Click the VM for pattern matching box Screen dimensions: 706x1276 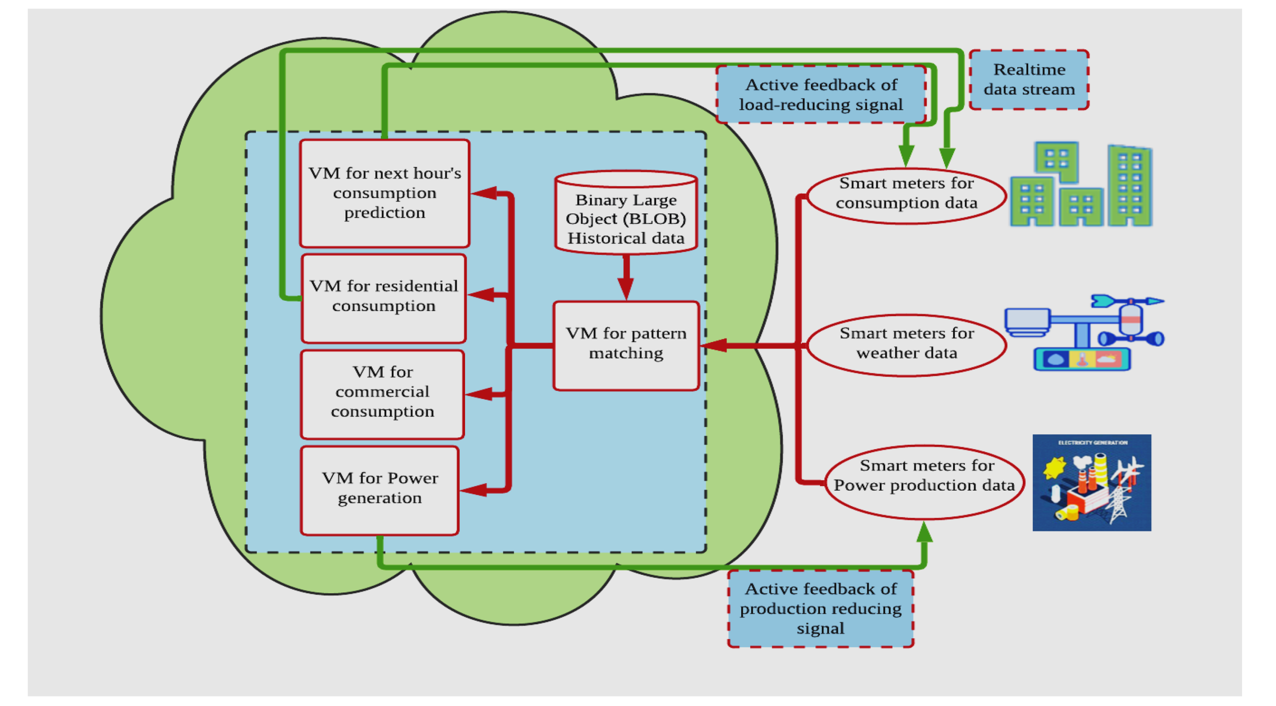[626, 345]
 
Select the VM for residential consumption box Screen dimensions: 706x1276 [383, 298]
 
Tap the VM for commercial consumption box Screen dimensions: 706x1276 [382, 393]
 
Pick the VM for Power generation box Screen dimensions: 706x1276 [379, 490]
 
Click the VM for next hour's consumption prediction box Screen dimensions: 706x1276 [384, 193]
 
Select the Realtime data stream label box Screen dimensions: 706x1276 [1028, 80]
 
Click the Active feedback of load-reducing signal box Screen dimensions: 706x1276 [820, 95]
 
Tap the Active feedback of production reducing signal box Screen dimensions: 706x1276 [820, 608]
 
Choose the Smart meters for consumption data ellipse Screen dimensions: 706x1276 [906, 195]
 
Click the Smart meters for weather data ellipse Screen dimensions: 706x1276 [906, 344]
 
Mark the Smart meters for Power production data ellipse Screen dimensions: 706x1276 [924, 481]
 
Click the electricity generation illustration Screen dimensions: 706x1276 [1091, 482]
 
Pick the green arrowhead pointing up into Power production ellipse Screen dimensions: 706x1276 [924, 532]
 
